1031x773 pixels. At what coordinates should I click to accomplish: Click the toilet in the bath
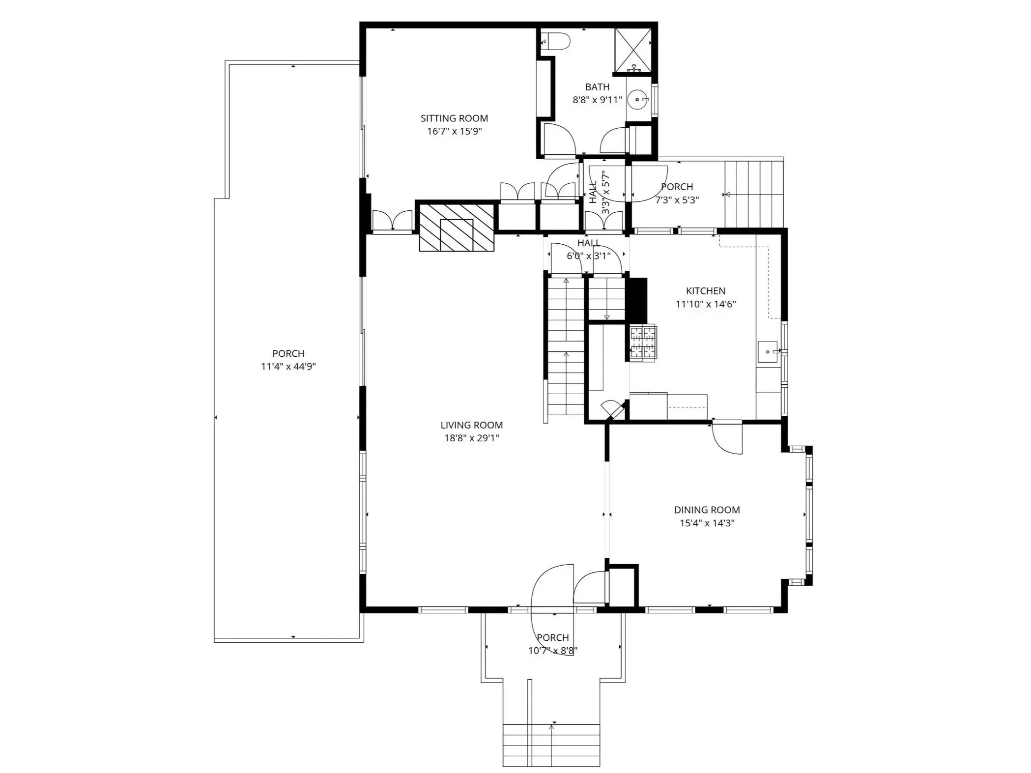click(558, 41)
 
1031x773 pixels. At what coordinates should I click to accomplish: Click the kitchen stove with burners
click(643, 344)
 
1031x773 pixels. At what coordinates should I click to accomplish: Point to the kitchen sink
click(768, 352)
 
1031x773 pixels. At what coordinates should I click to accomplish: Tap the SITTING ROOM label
click(454, 118)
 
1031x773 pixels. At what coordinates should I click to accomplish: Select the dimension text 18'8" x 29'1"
click(471, 438)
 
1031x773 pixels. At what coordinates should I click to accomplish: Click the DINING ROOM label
click(707, 510)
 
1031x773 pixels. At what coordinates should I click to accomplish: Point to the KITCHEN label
click(705, 291)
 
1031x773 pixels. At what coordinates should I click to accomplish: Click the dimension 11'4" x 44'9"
click(288, 367)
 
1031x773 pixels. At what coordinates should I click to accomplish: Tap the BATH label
click(597, 87)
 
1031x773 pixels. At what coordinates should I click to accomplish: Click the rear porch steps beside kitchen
click(753, 194)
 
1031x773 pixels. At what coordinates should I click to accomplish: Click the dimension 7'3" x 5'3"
click(677, 200)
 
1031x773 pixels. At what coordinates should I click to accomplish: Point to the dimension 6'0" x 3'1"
click(588, 256)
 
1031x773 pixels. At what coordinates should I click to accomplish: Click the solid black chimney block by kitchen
click(638, 300)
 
